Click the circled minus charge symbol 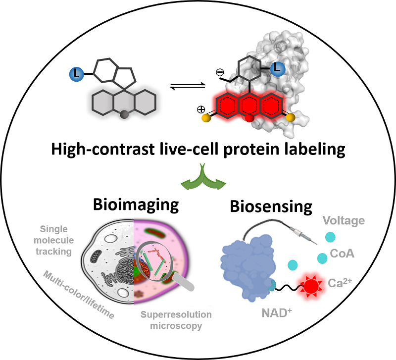[x=220, y=72]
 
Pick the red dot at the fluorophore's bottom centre [x=250, y=118]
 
